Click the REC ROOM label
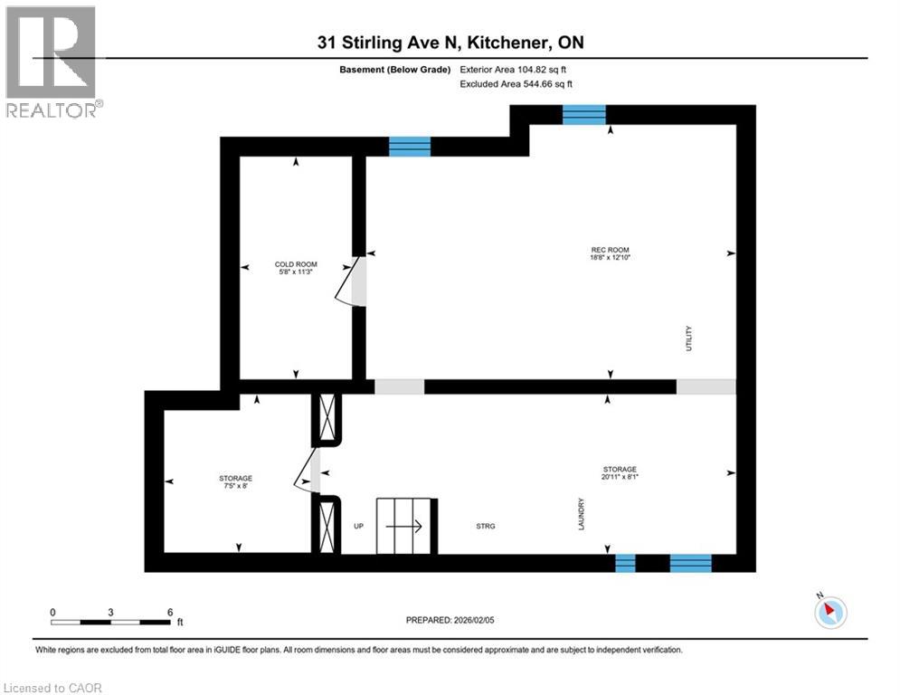610,250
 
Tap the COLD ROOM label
295,265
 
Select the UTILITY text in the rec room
688,338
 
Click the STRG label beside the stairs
486,526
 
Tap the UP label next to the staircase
358,526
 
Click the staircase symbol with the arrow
407,525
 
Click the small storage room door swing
308,471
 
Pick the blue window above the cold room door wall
410,147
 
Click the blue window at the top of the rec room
583,114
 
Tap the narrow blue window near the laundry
625,564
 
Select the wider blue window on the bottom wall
690,564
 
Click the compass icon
829,612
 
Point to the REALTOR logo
52,62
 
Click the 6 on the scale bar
170,612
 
